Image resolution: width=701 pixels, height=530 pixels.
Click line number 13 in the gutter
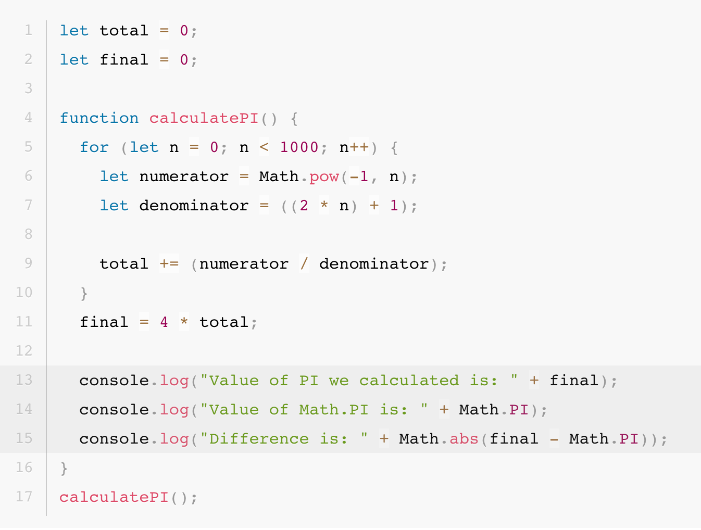tap(24, 380)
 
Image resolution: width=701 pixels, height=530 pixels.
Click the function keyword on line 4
tap(99, 118)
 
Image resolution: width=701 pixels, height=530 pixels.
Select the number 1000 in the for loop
tap(299, 147)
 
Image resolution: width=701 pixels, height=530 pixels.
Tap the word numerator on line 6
tap(183, 176)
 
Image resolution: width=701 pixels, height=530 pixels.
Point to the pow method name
tap(324, 176)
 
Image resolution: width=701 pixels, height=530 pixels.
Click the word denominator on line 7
tap(193, 206)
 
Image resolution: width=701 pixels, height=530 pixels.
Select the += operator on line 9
tap(169, 264)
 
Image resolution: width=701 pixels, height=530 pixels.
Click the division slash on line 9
tap(304, 264)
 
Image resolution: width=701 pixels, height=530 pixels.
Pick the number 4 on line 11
tap(164, 322)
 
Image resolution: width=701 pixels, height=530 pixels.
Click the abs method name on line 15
tap(464, 439)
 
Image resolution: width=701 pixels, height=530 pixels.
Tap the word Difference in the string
tap(259, 439)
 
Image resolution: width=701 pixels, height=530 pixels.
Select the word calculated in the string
tap(409, 381)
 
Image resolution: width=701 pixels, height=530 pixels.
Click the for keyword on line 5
tap(94, 147)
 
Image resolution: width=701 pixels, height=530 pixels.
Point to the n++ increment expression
tap(354, 147)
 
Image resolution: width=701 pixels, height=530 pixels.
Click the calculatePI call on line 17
tap(114, 497)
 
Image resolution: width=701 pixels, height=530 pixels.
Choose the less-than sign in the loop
tap(264, 147)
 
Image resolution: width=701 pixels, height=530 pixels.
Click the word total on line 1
tap(124, 31)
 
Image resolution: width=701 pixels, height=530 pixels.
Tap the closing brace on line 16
tap(64, 468)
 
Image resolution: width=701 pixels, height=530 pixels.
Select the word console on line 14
tap(114, 410)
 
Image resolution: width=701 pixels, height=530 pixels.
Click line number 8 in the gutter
tap(28, 234)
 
